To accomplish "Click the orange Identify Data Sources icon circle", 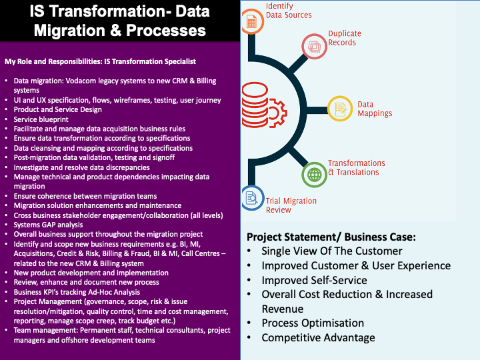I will (252, 21).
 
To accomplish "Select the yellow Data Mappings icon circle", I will (340, 108).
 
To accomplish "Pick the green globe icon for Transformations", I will (313, 174).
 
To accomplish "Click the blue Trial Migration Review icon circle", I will (253, 198).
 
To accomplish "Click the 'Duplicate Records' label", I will (345, 38).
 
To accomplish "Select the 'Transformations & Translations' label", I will (356, 167).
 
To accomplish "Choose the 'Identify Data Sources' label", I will (289, 11).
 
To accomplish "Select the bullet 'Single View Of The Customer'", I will (331, 251).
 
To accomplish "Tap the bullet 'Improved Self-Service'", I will (314, 280).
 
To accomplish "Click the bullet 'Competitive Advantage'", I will (318, 337).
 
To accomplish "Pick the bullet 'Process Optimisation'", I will (313, 323).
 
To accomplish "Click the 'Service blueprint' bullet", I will (41, 119).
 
